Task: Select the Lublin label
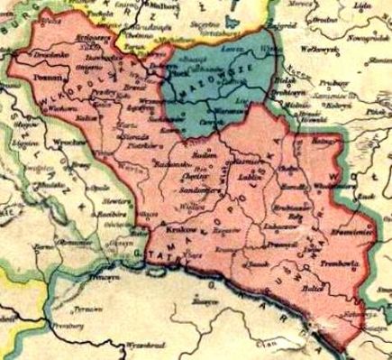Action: [244, 180]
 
